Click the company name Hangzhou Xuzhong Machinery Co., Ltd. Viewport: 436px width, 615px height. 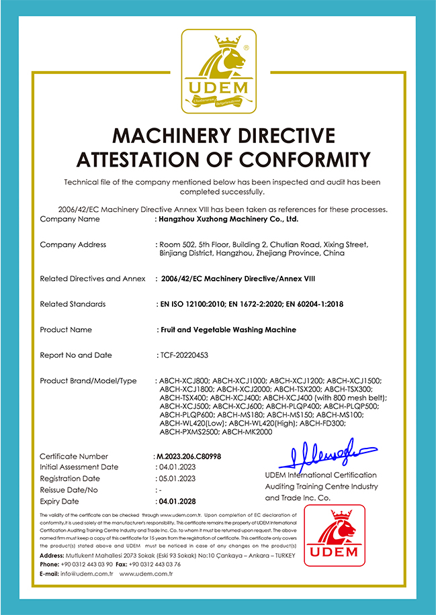coord(228,219)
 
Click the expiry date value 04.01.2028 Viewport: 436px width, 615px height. coord(177,502)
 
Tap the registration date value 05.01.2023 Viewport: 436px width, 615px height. coord(177,479)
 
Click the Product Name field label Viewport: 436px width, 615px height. coord(66,330)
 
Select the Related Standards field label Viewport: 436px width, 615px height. coord(73,304)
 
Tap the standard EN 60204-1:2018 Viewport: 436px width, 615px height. coord(314,304)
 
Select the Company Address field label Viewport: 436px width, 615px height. coord(73,244)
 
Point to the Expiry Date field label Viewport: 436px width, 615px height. coord(59,502)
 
